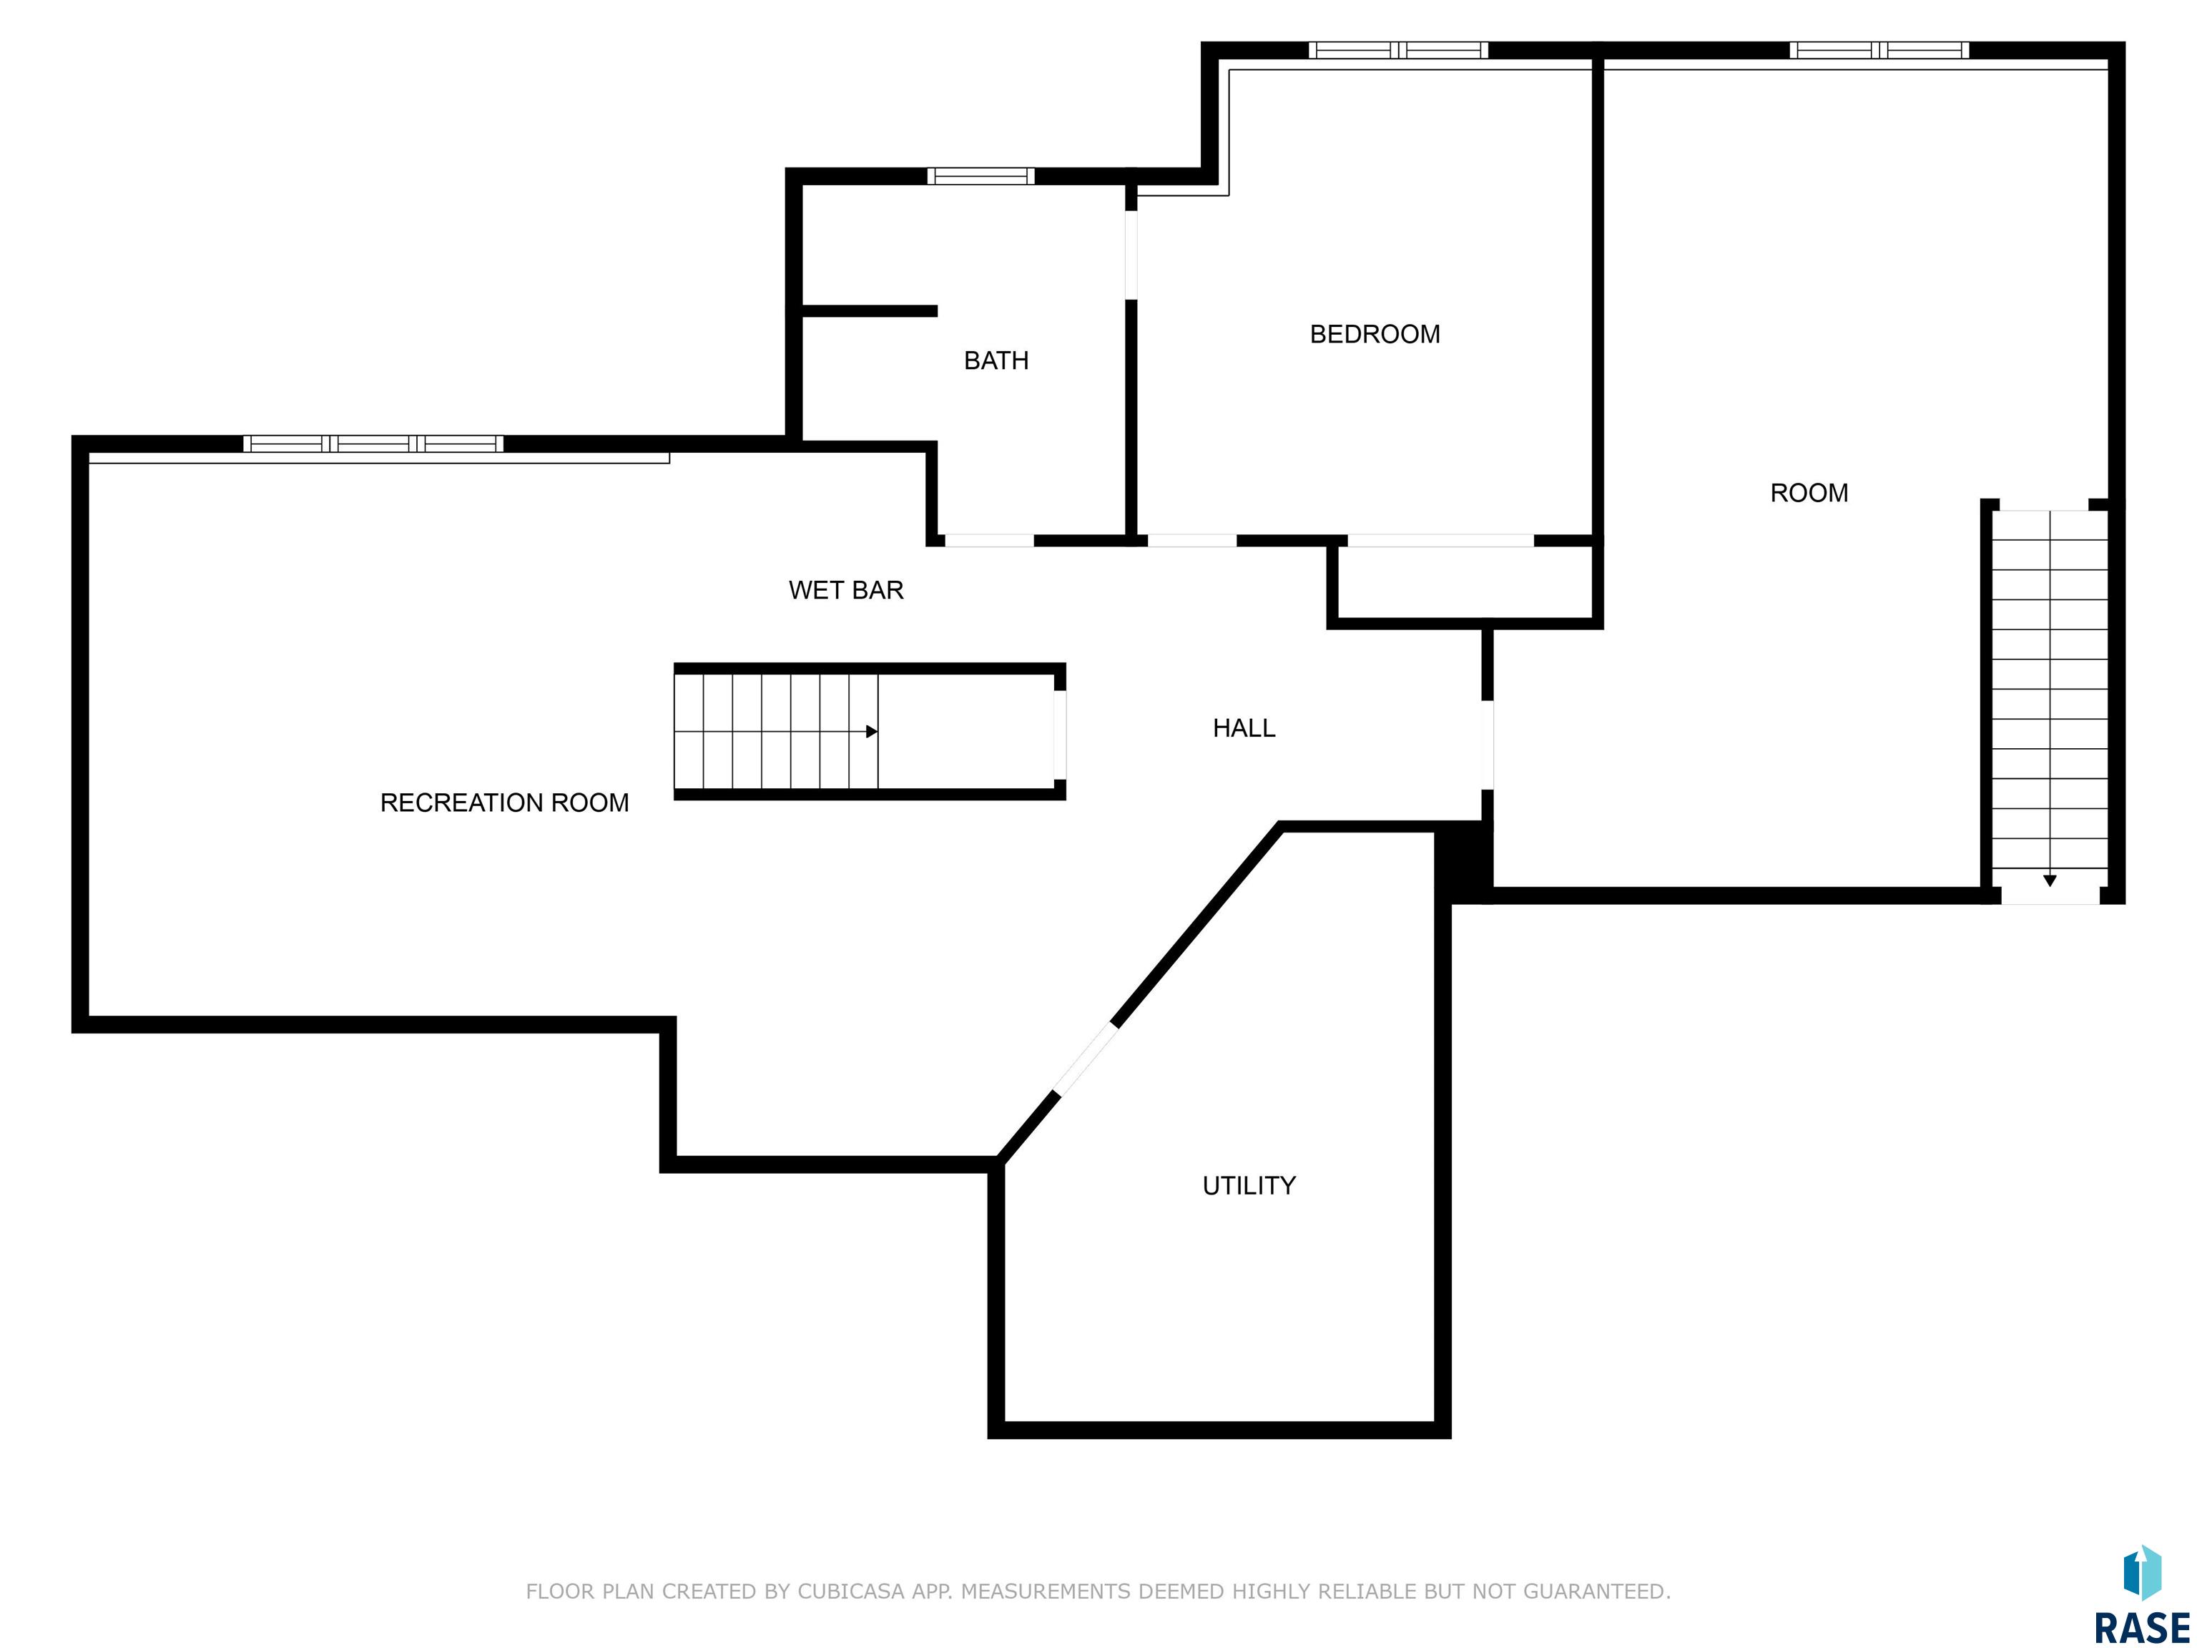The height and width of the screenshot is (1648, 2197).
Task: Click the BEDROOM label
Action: (x=1375, y=334)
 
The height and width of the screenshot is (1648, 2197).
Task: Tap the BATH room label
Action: (x=996, y=360)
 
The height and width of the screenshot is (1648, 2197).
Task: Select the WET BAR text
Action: (x=846, y=590)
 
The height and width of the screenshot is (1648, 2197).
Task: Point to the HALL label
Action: (x=1244, y=728)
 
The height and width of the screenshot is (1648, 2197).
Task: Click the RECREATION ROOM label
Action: (x=505, y=803)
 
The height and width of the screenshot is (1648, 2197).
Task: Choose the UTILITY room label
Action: (x=1249, y=1185)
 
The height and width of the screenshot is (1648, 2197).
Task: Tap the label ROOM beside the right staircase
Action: (x=1809, y=493)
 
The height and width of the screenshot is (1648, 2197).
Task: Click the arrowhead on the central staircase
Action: (x=872, y=731)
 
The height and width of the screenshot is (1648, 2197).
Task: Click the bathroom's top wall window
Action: (x=981, y=176)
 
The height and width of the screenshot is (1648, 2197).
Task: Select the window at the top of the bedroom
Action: (x=1397, y=49)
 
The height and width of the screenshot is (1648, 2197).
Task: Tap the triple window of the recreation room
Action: (x=373, y=444)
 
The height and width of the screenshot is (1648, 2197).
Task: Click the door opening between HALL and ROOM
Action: (x=1487, y=745)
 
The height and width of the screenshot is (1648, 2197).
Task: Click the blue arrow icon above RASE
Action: (x=2143, y=1574)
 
